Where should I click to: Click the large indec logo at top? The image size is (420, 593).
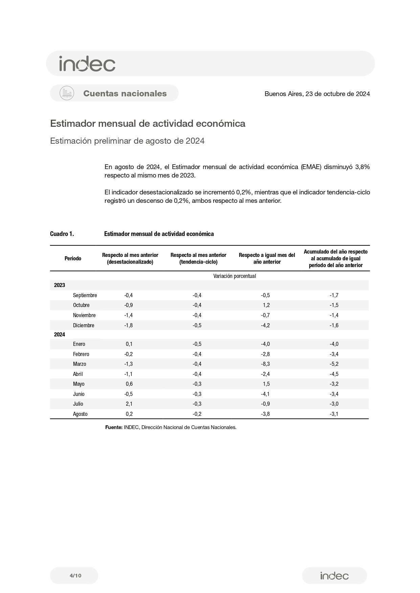tap(87, 64)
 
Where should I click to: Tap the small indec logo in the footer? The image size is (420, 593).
tap(334, 575)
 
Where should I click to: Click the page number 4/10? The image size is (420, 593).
tap(75, 575)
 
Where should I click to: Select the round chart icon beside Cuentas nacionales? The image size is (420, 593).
tap(67, 93)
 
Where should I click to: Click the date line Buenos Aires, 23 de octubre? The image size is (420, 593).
tap(317, 94)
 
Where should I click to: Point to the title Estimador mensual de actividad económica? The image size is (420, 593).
tap(148, 124)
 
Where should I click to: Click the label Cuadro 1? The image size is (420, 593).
tap(62, 234)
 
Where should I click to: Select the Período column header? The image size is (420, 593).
tap(73, 258)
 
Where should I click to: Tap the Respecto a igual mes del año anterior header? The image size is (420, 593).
tap(267, 258)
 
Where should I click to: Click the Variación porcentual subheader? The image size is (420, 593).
tap(235, 276)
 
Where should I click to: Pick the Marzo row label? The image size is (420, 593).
tap(80, 364)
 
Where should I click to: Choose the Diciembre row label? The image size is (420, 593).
tap(84, 326)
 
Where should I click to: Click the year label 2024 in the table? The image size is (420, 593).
tap(60, 335)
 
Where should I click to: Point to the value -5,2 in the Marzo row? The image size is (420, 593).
tap(334, 364)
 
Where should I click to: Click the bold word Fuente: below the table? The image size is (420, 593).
tap(114, 427)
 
